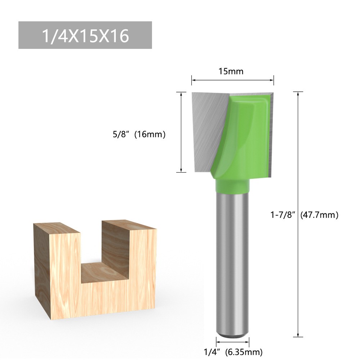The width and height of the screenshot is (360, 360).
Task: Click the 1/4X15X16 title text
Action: (x=85, y=36)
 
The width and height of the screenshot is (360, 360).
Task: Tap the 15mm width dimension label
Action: (x=231, y=71)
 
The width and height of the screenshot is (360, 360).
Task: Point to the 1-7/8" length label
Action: (x=283, y=215)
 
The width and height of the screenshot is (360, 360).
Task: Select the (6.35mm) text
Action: (x=244, y=351)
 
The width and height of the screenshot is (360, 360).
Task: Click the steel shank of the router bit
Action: (x=232, y=259)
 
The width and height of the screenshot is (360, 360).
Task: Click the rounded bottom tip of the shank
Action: (x=232, y=333)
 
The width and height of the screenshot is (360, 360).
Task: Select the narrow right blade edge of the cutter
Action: (x=272, y=133)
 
